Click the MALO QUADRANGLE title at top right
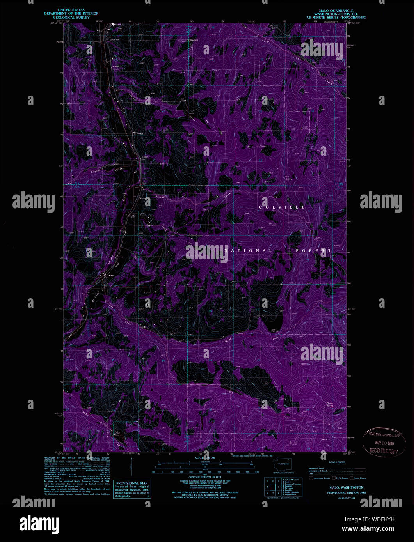[x=336, y=10]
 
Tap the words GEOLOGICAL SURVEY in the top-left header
[x=71, y=18]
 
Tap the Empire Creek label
[x=95, y=172]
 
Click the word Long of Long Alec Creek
[x=266, y=41]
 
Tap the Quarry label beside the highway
[x=139, y=133]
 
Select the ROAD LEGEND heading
[x=337, y=462]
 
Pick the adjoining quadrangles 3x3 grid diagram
[x=272, y=487]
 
